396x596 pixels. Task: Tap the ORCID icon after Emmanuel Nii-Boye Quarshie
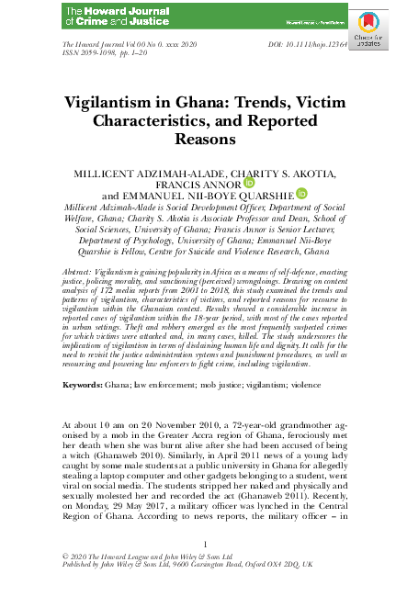[x=301, y=194]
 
